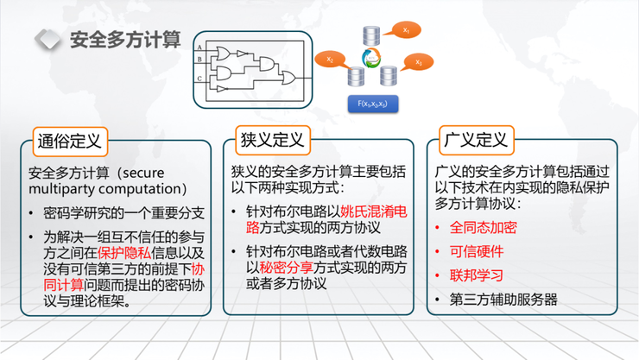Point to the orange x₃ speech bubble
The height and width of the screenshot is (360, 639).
point(418,62)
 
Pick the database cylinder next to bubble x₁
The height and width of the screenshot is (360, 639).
point(372,36)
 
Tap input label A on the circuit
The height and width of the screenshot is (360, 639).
point(199,47)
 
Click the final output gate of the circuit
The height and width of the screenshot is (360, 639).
point(288,78)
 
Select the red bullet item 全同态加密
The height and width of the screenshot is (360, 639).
point(484,228)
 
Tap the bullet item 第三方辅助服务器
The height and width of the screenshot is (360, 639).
point(503,300)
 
